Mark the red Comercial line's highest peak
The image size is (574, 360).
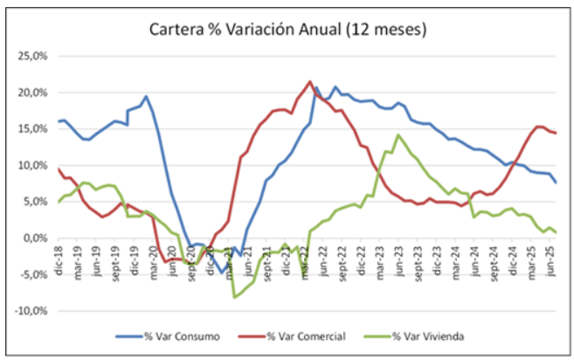(310, 82)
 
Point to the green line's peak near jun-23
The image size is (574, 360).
(398, 135)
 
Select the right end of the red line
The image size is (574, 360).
(556, 133)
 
